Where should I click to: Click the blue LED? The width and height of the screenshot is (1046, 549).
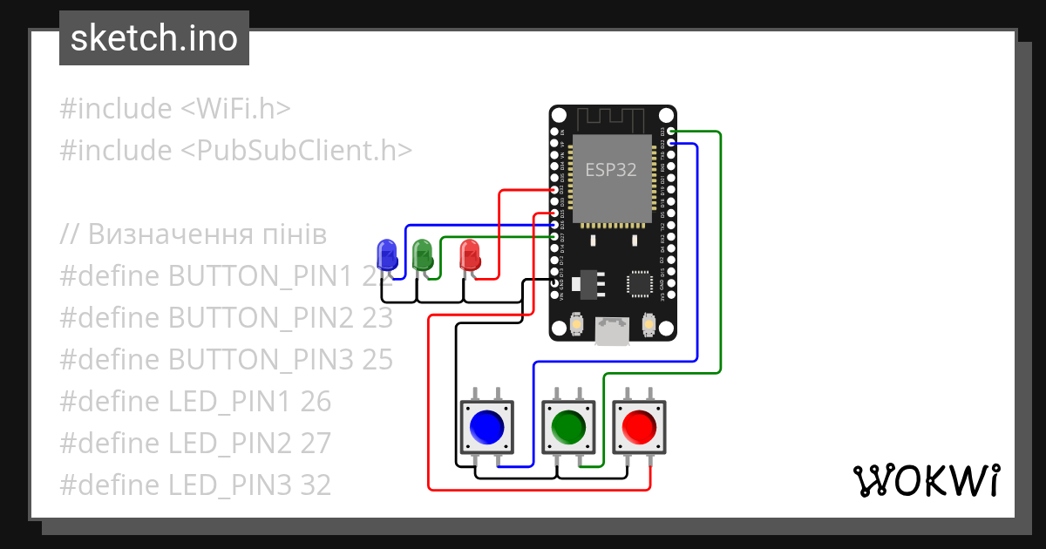(x=384, y=254)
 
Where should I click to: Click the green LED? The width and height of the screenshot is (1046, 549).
(x=423, y=254)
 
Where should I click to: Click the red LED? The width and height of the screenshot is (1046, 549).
(x=469, y=254)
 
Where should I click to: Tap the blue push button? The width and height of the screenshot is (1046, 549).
(x=486, y=427)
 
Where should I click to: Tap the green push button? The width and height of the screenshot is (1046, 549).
(x=568, y=427)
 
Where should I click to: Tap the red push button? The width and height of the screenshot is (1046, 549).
(x=640, y=427)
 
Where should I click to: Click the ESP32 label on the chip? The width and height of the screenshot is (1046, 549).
(x=610, y=170)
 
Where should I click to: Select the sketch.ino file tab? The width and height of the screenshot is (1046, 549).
(x=154, y=38)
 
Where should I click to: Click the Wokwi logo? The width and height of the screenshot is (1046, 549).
(x=926, y=480)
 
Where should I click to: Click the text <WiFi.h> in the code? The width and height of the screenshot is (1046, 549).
(x=235, y=109)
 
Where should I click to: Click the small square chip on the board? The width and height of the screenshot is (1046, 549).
(x=640, y=283)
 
